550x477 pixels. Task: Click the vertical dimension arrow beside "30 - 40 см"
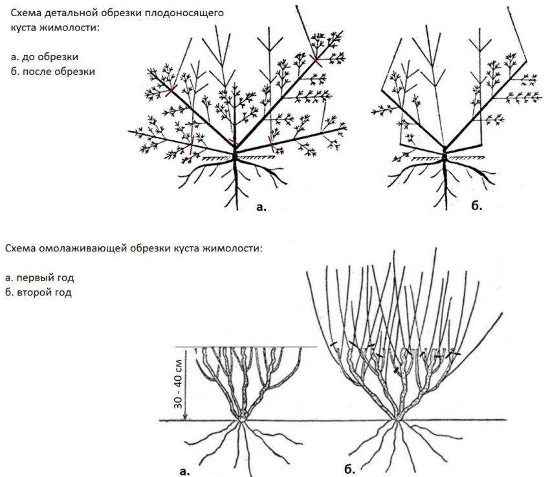[x=185, y=384]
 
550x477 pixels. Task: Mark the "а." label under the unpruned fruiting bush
[x=261, y=207]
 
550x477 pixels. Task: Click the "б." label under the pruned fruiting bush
[x=476, y=207]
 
